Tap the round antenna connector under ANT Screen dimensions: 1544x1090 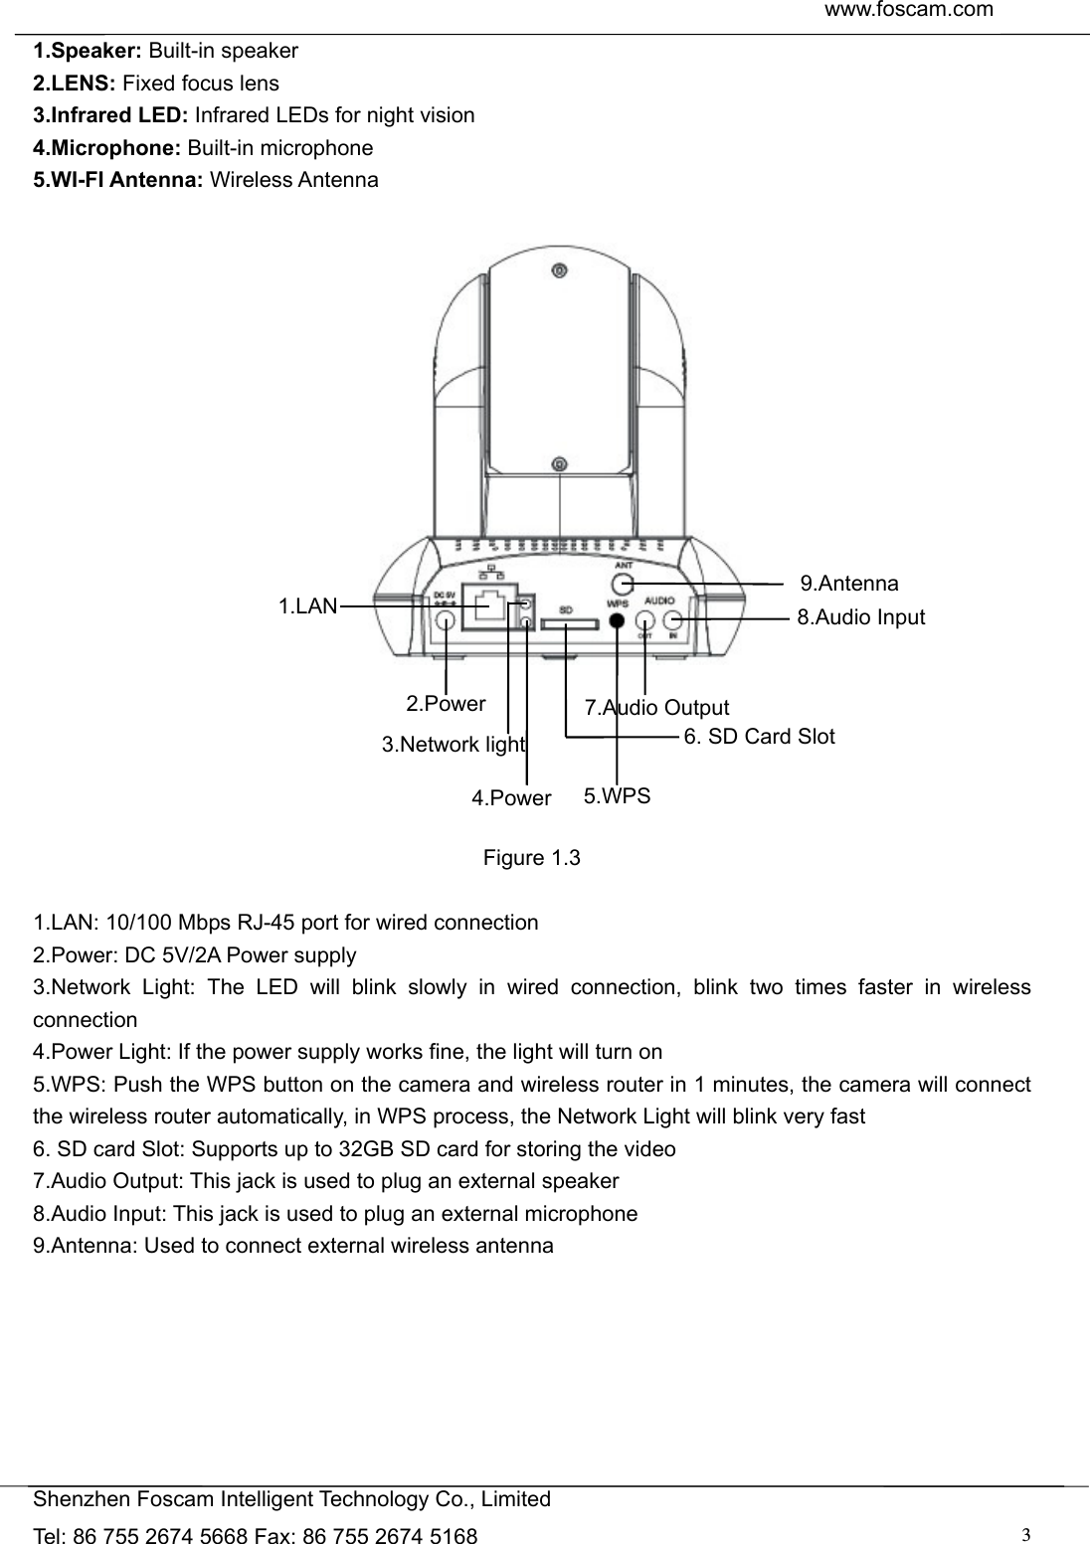point(622,584)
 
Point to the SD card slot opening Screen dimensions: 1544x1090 point(567,625)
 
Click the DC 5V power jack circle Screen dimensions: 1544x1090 point(446,619)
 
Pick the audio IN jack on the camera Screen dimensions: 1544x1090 point(674,619)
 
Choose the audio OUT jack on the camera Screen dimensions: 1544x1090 point(645,619)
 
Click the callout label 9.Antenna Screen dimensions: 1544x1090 point(849,584)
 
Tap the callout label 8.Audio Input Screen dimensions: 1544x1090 point(861,617)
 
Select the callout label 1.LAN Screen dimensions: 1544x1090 point(308,605)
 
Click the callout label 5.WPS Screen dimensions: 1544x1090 point(618,795)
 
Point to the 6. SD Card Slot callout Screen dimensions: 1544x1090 point(760,737)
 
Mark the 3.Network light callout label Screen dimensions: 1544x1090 point(454,745)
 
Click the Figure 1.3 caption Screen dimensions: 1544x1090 point(531,858)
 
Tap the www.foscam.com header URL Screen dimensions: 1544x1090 point(909,10)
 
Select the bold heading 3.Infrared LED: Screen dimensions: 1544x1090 point(113,115)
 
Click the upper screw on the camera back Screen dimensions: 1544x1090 point(560,270)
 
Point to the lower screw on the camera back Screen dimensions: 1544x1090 point(560,463)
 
